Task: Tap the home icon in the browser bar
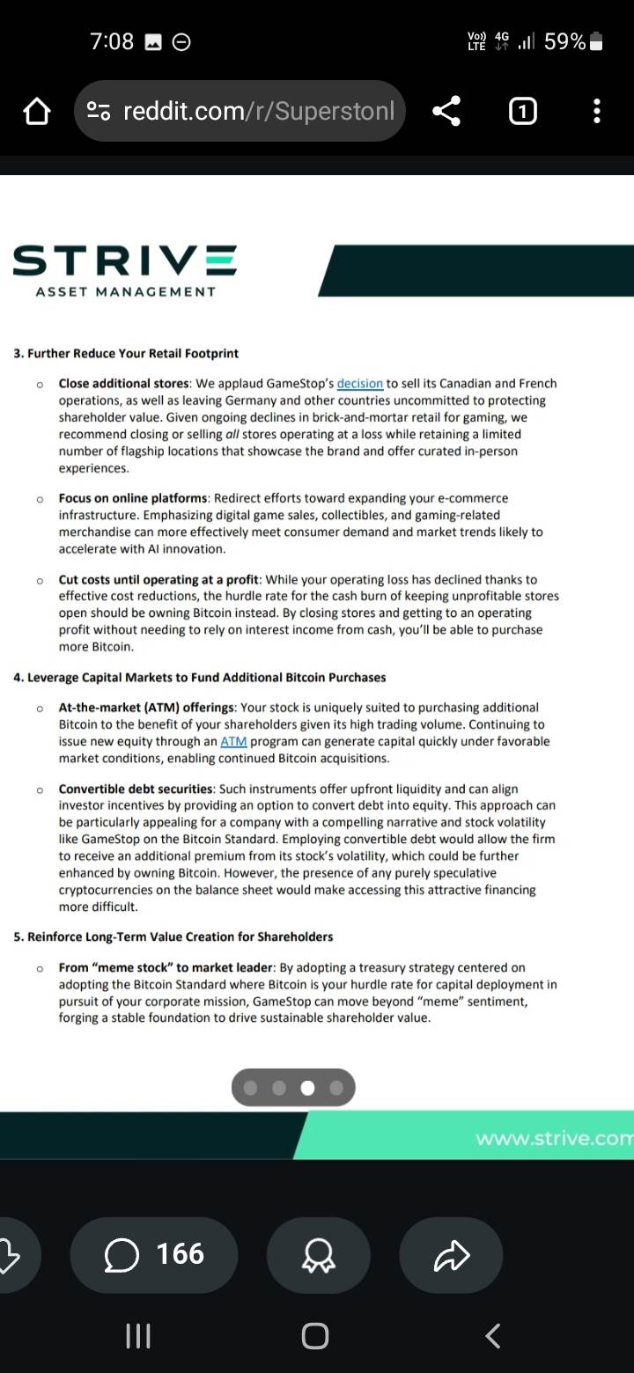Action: pos(36,112)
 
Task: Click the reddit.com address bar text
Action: pos(259,112)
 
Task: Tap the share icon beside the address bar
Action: pos(446,111)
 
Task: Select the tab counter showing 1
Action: pos(522,111)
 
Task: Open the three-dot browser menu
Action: pos(597,111)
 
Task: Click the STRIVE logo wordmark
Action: pos(125,261)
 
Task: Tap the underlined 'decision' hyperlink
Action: pos(359,384)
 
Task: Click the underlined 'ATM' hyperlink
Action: pos(233,742)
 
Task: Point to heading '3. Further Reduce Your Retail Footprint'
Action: pos(126,354)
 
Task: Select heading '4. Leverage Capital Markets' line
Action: pos(200,678)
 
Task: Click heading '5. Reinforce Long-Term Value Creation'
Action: pos(173,936)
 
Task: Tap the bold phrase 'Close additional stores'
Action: pos(124,384)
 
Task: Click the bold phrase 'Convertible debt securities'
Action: pos(136,789)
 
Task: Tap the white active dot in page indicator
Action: pos(307,1088)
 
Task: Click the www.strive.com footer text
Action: pos(554,1139)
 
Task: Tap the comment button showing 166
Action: pos(154,1254)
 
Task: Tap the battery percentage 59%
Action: pos(564,41)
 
